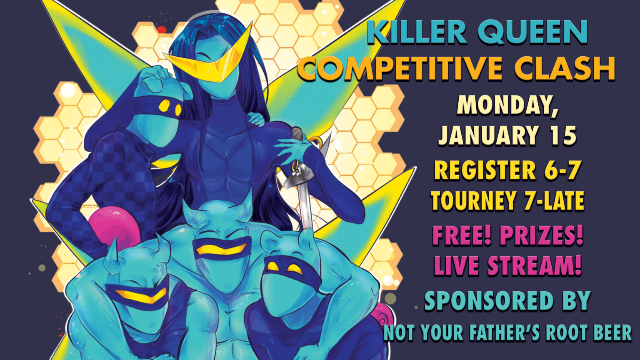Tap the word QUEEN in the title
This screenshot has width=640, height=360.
(x=533, y=32)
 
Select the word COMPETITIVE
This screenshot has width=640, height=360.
(x=400, y=68)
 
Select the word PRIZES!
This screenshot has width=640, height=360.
(x=541, y=236)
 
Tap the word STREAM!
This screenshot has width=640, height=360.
(x=534, y=266)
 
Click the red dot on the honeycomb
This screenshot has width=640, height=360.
(x=162, y=30)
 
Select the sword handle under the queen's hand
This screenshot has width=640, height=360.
(x=297, y=134)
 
